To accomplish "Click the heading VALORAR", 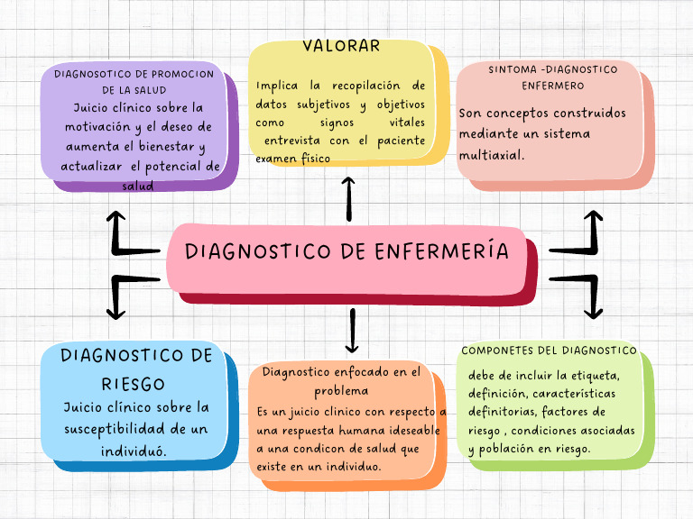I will [341, 46].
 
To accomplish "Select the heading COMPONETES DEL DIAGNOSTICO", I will [549, 351].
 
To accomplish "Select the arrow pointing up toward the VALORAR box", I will [349, 199].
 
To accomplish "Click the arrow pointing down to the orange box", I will [352, 331].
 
